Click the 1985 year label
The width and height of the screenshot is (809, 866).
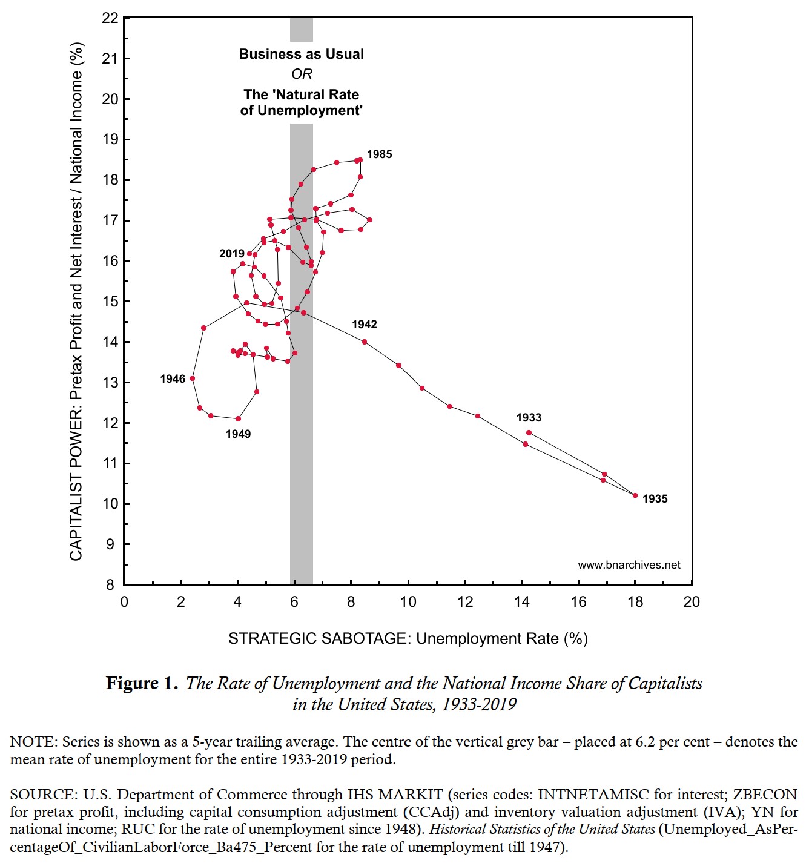[x=379, y=154]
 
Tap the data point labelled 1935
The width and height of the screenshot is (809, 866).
[x=635, y=495]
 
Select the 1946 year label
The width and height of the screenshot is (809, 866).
[x=173, y=379]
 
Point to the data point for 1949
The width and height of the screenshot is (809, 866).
[x=238, y=418]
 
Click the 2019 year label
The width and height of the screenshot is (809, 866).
[x=232, y=254]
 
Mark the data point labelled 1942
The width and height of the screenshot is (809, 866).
[x=365, y=342]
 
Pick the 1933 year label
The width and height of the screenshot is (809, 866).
[x=529, y=418]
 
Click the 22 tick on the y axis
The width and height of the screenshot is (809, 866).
[x=110, y=18]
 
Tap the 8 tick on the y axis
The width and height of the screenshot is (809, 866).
[x=110, y=585]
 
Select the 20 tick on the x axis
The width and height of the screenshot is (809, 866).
[x=692, y=602]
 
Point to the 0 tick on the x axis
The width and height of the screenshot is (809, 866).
[x=124, y=602]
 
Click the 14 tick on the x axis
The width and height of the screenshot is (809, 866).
[x=521, y=602]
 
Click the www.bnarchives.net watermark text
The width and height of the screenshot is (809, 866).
[x=629, y=565]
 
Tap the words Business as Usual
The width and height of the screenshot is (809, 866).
[x=302, y=54]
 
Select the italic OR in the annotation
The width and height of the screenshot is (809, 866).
[x=302, y=74]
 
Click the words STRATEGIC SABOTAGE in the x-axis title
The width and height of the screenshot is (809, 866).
[x=320, y=639]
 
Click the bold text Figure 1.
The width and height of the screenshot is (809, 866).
[x=142, y=684]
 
